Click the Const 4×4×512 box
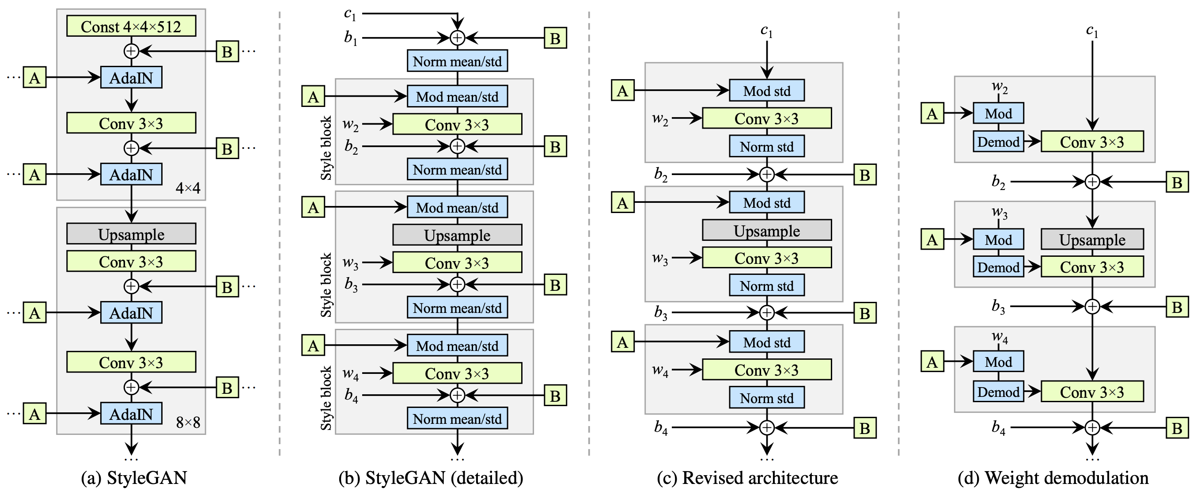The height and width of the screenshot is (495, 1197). tap(131, 26)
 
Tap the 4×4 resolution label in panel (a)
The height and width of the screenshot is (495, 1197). tap(188, 188)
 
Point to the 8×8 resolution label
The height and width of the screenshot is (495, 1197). tap(188, 423)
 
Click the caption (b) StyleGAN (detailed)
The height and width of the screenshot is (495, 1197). tap(431, 478)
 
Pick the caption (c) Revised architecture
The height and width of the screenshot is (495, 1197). tap(747, 478)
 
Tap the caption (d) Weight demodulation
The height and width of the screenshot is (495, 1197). tap(1053, 478)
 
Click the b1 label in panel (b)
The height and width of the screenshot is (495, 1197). tap(351, 38)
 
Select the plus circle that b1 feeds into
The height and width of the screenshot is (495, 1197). tap(458, 38)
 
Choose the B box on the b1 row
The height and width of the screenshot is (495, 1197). tap(555, 38)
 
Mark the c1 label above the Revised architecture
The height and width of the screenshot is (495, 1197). tap(766, 31)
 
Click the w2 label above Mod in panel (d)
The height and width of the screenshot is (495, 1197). tap(999, 87)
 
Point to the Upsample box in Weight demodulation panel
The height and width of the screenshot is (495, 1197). tap(1092, 240)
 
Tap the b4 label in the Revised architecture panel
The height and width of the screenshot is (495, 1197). tap(661, 427)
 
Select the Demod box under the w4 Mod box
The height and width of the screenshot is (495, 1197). tap(998, 392)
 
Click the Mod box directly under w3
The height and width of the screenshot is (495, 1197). tap(998, 240)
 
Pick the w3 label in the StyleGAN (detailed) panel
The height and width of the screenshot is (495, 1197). tap(350, 263)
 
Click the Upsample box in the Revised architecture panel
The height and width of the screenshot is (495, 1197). tap(767, 231)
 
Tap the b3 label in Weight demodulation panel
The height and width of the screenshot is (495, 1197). tap(998, 307)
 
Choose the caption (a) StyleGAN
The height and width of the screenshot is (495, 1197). tap(134, 478)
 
